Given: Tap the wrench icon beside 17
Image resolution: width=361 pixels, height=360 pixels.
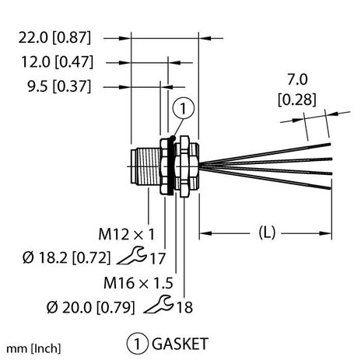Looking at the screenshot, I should pos(142,254).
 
